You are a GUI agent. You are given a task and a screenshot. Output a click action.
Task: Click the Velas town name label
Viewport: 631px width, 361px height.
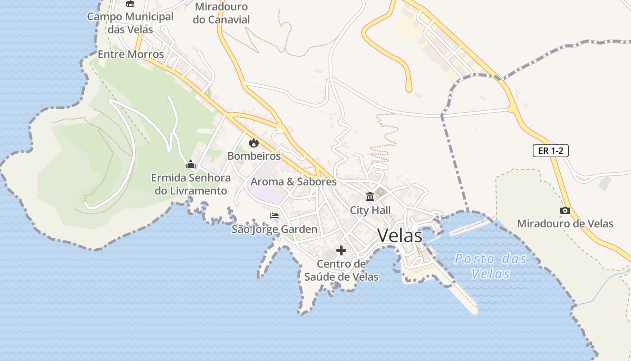click(400, 236)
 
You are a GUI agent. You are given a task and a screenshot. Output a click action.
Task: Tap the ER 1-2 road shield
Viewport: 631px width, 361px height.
click(550, 151)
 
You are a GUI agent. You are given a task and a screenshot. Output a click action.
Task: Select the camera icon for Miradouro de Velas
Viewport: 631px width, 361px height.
click(565, 210)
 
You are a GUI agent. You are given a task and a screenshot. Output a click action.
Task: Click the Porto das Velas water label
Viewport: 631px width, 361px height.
click(490, 266)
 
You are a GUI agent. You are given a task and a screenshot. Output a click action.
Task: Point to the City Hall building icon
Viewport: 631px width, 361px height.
click(370, 196)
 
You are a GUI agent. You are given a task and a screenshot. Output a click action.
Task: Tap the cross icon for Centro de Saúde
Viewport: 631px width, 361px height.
click(341, 250)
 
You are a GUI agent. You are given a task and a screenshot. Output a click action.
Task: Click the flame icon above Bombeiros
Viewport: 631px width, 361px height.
click(254, 143)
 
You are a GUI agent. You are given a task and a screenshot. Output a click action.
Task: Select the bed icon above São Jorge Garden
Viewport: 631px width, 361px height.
click(274, 216)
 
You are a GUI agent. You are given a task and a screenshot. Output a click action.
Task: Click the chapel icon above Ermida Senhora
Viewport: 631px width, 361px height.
click(191, 164)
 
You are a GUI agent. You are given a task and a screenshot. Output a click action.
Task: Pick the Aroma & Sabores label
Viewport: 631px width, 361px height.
click(293, 182)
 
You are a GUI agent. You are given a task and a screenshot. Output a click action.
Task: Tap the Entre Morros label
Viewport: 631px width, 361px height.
click(131, 54)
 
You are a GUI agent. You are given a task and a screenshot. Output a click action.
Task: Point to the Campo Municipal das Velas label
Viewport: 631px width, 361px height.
click(130, 23)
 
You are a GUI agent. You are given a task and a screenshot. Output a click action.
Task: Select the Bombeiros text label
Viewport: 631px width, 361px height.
click(254, 156)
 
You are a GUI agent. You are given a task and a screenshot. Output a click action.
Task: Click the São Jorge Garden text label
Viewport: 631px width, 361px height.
click(274, 229)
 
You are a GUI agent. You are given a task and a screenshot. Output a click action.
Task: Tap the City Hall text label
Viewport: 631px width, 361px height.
click(370, 210)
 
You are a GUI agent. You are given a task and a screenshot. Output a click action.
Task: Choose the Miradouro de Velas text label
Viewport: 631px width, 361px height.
click(565, 223)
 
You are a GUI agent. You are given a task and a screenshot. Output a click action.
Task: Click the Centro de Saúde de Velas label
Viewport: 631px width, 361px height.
click(341, 270)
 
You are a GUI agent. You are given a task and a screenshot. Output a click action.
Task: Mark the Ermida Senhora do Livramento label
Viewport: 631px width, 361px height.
click(191, 184)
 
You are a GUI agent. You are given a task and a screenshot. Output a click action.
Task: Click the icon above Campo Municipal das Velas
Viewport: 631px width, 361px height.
click(130, 4)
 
